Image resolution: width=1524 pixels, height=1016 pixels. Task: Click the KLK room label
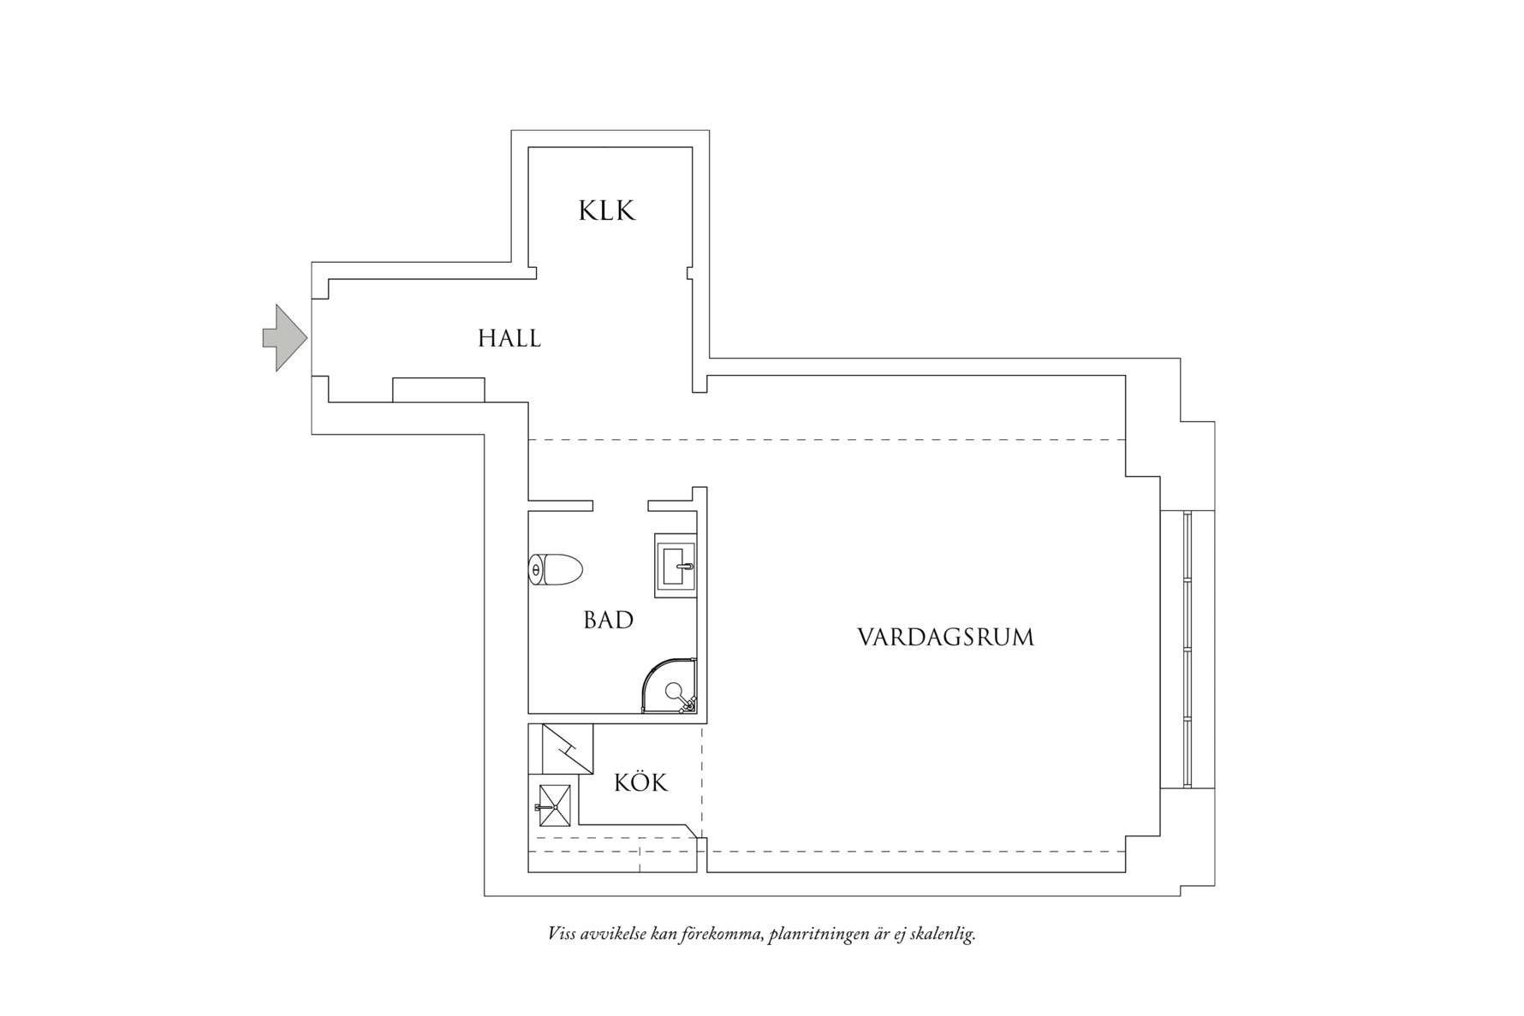click(x=607, y=211)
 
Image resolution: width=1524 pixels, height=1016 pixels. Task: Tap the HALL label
click(x=509, y=339)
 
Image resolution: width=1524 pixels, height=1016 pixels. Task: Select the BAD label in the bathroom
click(x=609, y=621)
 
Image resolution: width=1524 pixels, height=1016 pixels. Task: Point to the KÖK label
click(x=640, y=783)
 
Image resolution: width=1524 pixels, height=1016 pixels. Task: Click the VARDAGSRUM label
click(x=945, y=638)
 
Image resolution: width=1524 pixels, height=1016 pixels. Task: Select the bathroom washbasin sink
click(x=676, y=566)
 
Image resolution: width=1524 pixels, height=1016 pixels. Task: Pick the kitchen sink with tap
click(x=554, y=805)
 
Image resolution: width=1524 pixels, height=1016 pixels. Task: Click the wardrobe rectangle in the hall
click(x=438, y=389)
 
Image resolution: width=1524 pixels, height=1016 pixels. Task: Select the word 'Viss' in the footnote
click(x=562, y=934)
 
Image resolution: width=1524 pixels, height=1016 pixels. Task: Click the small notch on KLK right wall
click(x=689, y=273)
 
